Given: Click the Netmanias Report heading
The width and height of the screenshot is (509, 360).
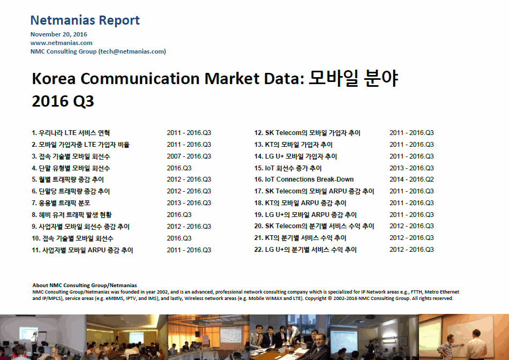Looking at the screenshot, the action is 85,20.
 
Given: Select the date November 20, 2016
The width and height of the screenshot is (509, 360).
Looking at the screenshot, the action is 59,34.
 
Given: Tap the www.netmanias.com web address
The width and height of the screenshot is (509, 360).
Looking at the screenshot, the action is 62,43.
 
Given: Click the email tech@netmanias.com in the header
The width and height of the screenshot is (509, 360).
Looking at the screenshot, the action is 132,51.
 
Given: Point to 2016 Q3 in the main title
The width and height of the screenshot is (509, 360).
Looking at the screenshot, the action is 63,101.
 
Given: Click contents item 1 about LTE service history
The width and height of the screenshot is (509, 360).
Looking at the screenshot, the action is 71,133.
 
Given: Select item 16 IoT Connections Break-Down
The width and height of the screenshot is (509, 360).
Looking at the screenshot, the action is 304,179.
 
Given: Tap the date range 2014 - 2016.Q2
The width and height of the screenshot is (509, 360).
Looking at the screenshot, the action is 411,179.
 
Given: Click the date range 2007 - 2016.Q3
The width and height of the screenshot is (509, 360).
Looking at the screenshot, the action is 189,156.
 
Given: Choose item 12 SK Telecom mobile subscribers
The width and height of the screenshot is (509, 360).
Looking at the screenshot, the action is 307,133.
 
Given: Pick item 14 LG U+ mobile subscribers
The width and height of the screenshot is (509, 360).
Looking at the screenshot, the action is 295,156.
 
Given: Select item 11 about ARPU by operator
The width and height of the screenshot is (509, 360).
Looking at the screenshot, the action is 83,250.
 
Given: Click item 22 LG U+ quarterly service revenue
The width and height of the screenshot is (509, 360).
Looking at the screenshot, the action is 305,250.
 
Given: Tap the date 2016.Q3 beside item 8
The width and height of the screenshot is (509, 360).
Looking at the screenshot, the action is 179,215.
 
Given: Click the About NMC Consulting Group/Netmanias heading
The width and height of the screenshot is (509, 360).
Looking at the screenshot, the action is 85,286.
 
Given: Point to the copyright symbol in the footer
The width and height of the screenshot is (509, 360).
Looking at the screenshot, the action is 330,298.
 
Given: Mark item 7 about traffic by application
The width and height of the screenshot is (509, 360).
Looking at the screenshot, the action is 61,203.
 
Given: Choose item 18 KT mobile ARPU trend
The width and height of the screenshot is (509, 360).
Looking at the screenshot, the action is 300,203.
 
